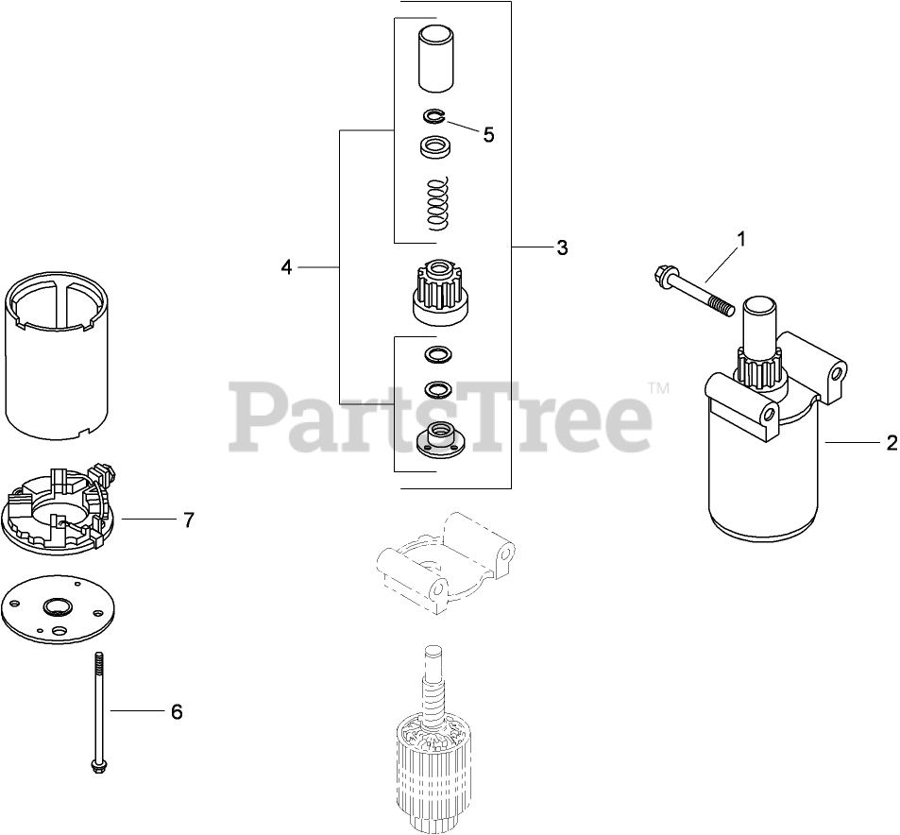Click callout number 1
point(741,238)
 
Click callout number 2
point(892,443)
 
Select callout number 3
point(562,247)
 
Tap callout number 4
point(286,267)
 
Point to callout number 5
point(488,135)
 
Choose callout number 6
point(177,711)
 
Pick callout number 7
point(189,520)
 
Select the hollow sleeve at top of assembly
point(436,60)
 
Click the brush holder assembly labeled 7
point(61,509)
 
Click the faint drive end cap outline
point(444,563)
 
